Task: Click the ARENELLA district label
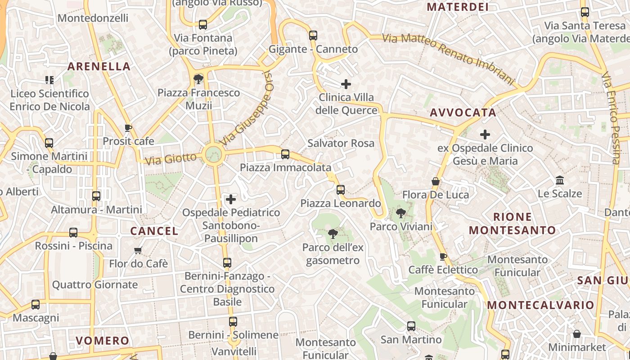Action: [99, 67]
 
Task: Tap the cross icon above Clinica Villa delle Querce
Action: [346, 84]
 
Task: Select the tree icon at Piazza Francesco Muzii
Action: [198, 80]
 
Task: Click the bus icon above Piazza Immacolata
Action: [285, 154]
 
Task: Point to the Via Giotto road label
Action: [171, 159]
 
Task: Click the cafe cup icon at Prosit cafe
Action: [128, 128]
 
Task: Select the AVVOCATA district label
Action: [463, 112]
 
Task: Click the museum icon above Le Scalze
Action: [560, 180]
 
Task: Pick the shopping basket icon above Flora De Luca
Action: [436, 182]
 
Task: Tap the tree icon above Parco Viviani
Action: [401, 213]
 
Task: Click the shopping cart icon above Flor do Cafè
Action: [138, 250]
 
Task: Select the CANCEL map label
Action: [154, 231]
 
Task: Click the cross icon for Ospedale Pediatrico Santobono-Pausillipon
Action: [231, 199]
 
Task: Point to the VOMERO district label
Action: [103, 341]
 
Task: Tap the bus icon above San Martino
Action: [411, 326]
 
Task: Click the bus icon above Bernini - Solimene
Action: [233, 322]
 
